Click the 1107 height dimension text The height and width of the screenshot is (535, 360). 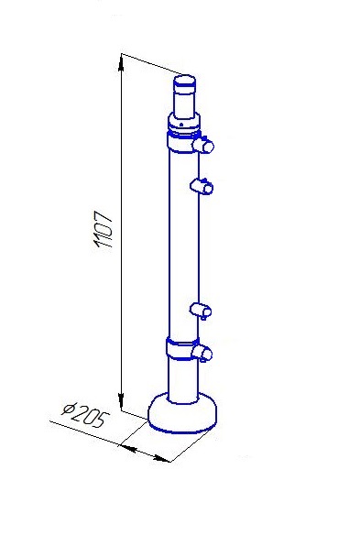coord(103,230)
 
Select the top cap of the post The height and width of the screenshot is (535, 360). coord(185,82)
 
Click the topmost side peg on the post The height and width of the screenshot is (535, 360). coord(203,145)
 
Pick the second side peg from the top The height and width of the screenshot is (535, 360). coord(202,186)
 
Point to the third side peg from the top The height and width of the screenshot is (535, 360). coord(201,311)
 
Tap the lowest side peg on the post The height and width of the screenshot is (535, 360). coord(202,353)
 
